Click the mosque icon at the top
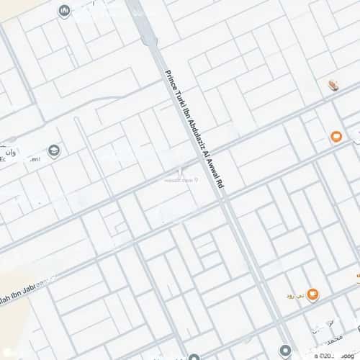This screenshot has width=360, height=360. (x=64, y=11)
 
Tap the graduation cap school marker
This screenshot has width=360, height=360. (x=53, y=150)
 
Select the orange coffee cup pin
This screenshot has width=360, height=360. (x=312, y=294)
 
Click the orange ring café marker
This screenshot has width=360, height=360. (x=336, y=136)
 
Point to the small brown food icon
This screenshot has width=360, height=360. (x=333, y=86)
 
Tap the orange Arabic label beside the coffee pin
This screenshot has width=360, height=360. (x=295, y=295)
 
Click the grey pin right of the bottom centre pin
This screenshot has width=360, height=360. (x=285, y=349)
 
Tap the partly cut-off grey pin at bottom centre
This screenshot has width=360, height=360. (x=193, y=356)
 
